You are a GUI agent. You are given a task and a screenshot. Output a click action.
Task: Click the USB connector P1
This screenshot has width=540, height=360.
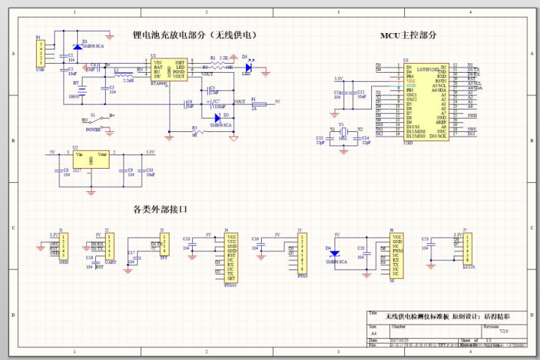[x=40, y=53]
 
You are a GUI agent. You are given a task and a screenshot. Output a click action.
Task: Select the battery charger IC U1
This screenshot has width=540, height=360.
[x=169, y=70]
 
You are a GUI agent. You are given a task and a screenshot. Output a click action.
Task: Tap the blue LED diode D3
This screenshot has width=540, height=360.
[x=247, y=67]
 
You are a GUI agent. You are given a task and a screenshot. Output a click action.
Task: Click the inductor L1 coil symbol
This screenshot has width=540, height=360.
[x=124, y=74]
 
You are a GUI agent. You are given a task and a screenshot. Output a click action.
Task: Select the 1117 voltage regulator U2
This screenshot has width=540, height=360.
[x=91, y=160]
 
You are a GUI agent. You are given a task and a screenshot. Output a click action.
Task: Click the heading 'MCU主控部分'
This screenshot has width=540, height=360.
[x=408, y=35]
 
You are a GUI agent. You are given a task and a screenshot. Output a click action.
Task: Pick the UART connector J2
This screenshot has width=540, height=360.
[x=109, y=246]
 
